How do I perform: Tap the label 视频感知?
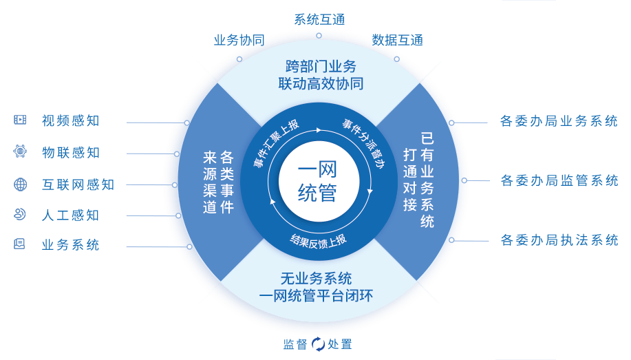point(70,121)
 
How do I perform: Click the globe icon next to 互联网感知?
point(20,184)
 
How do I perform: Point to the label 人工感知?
point(70,215)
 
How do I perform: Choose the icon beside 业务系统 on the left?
point(20,244)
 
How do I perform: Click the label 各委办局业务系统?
point(559,121)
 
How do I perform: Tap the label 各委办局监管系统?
point(559,181)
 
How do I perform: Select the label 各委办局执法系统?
point(559,240)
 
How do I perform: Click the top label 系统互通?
point(319,19)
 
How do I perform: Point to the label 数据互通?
point(397,40)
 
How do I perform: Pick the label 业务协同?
point(239,40)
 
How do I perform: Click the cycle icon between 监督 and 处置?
point(318,343)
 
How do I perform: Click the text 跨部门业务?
point(321,67)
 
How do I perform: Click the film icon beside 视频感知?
point(20,120)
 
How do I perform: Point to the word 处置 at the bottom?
point(340,343)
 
